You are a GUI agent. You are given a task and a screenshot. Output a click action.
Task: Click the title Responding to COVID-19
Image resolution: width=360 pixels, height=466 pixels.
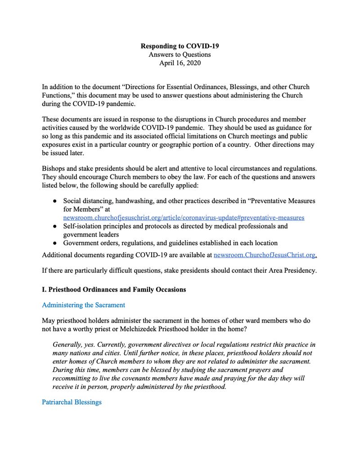(180, 46)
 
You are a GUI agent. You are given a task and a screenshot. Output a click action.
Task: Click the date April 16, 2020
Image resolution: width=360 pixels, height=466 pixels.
(180, 63)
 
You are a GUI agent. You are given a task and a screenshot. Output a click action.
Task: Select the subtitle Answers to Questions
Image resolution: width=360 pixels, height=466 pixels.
(180, 54)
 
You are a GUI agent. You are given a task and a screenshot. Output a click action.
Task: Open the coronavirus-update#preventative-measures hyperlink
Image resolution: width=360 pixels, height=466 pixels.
(184, 218)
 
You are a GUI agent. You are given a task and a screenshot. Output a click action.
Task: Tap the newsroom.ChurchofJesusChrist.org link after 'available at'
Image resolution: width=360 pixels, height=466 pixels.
(265, 255)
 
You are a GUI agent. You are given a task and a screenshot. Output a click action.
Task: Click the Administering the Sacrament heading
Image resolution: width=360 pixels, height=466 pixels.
(83, 305)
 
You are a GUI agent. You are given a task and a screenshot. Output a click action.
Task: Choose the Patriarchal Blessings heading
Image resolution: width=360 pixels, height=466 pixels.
(72, 402)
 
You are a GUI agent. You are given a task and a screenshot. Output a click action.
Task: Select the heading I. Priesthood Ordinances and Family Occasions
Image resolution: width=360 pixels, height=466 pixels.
(113, 289)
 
